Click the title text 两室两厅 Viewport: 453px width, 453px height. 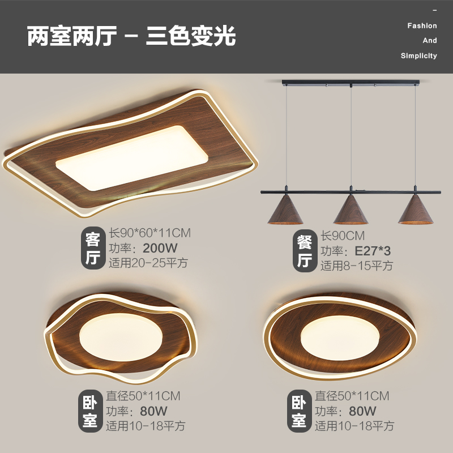click(72, 37)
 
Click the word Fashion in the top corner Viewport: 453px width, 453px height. click(422, 25)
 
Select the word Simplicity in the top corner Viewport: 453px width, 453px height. click(418, 55)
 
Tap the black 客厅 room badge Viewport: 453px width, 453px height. click(92, 248)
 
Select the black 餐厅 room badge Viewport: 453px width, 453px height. click(305, 251)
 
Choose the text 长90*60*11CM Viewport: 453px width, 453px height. click(149, 233)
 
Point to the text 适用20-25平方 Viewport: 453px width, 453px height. click(148, 263)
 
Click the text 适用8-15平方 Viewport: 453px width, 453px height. click(357, 266)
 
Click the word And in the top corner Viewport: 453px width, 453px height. click(430, 40)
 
